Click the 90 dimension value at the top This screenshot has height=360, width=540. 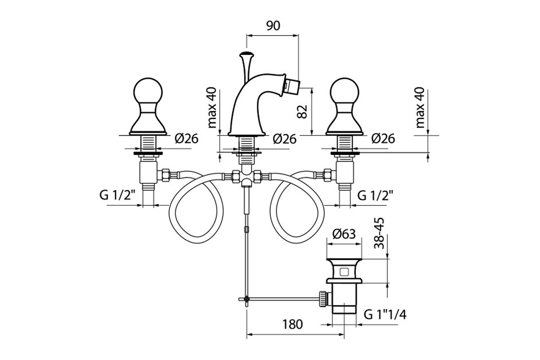[273, 26]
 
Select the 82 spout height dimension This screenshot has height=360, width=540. [302, 112]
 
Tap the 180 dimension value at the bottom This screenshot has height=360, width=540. [292, 324]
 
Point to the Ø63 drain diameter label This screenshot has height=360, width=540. [344, 234]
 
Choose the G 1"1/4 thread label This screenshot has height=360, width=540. [385, 315]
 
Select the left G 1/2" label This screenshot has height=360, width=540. [118, 195]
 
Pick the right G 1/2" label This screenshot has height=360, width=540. [376, 195]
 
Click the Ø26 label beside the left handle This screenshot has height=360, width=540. [186, 139]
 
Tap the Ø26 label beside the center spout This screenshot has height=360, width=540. [285, 139]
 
